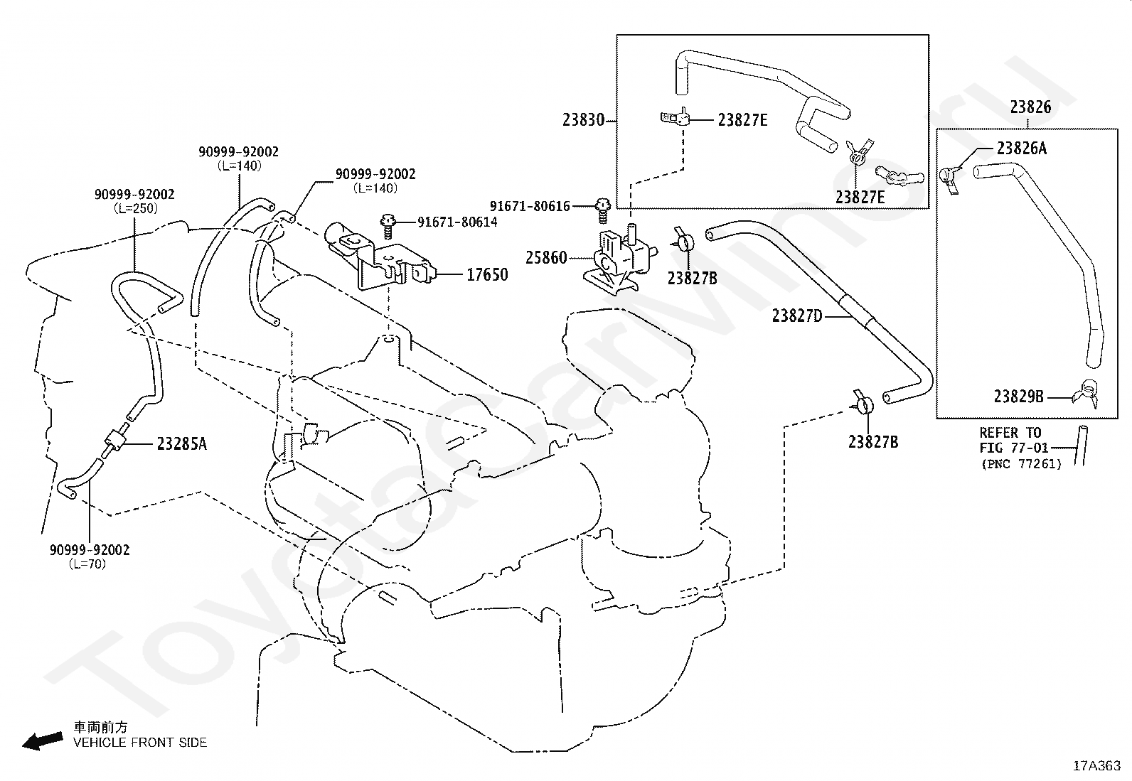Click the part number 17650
pyautogui.click(x=487, y=275)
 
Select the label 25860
pyautogui.click(x=546, y=258)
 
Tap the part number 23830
pyautogui.click(x=584, y=119)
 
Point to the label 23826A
pyautogui.click(x=1022, y=149)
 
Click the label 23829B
pyautogui.click(x=1019, y=397)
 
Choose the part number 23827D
pyautogui.click(x=798, y=316)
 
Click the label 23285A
pyautogui.click(x=182, y=444)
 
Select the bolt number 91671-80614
pyautogui.click(x=457, y=222)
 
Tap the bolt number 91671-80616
pyautogui.click(x=530, y=206)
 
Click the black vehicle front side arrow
pyautogui.click(x=43, y=740)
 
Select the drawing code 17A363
pyautogui.click(x=1096, y=766)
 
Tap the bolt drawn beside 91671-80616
pyautogui.click(x=603, y=210)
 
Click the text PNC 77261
pyautogui.click(x=1022, y=464)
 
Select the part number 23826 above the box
pyautogui.click(x=1030, y=107)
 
